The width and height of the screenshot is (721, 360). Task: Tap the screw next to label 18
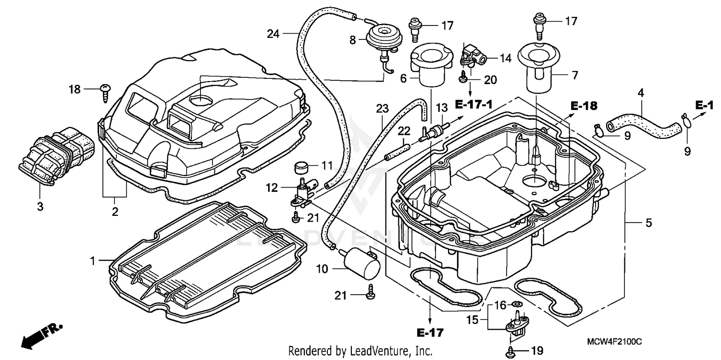tap(106, 91)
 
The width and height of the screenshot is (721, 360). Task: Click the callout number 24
tap(273, 34)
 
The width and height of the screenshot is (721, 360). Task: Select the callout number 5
tap(648, 223)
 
